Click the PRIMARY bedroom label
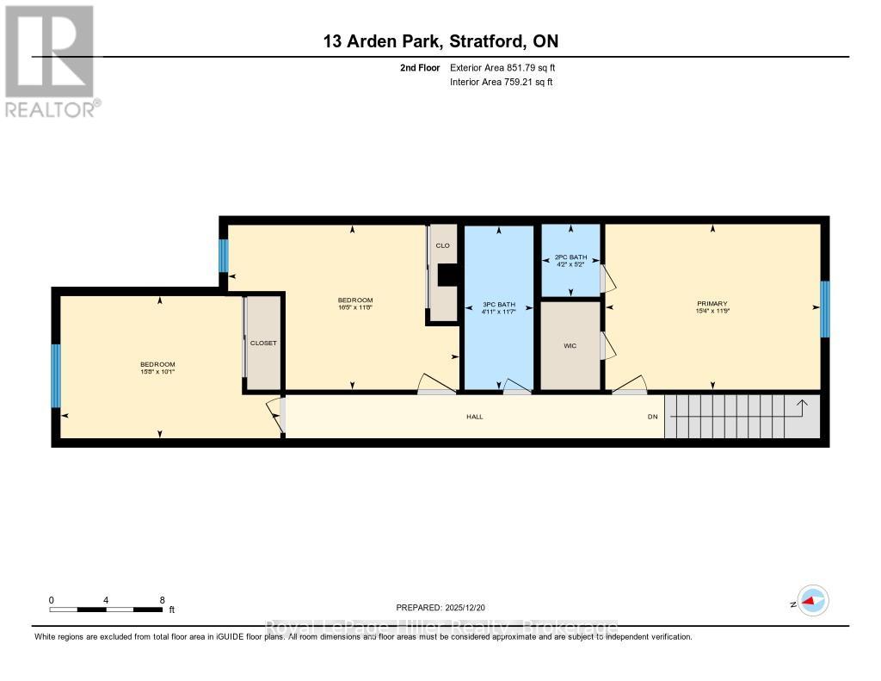click(712, 303)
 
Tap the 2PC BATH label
click(570, 257)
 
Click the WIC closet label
click(570, 345)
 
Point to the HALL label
click(474, 417)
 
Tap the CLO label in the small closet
click(443, 245)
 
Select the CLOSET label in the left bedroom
click(263, 343)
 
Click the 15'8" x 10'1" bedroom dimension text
click(157, 372)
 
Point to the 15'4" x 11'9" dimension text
click(712, 312)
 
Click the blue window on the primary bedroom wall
click(824, 309)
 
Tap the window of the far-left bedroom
click(56, 375)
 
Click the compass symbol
click(812, 601)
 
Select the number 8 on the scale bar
click(162, 599)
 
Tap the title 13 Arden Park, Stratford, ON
click(440, 41)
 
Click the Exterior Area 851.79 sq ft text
click(508, 67)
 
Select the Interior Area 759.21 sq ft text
click(502, 82)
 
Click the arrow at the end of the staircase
click(801, 405)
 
